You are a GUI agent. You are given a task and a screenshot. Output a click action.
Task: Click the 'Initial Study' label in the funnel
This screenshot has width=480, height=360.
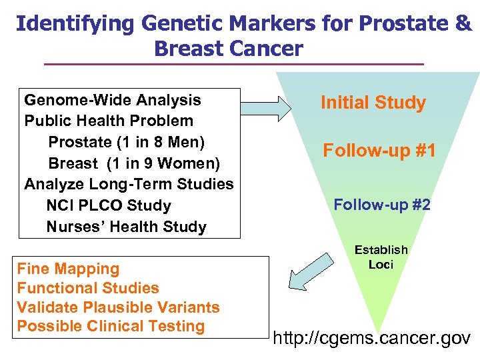click(373, 103)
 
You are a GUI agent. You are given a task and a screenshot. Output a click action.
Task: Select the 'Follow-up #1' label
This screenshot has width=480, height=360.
click(379, 151)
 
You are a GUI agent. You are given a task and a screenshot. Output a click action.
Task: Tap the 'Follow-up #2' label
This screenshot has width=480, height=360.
click(382, 204)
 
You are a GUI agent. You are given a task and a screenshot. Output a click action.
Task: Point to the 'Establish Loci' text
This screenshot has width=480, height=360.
click(381, 257)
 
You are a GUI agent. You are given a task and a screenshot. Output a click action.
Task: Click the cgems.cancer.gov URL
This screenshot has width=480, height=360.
click(372, 338)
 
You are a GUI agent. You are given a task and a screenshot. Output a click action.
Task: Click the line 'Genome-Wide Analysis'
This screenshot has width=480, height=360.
click(112, 100)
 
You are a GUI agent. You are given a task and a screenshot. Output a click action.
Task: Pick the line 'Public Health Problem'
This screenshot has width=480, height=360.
click(109, 121)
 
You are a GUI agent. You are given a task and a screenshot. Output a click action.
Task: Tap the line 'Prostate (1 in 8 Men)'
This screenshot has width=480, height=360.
click(127, 142)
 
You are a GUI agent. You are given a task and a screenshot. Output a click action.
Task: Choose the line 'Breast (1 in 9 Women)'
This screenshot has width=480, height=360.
click(134, 163)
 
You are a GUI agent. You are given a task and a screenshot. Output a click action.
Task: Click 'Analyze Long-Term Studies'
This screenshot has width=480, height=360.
click(129, 184)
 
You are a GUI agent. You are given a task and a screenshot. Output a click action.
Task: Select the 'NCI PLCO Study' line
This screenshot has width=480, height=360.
click(109, 205)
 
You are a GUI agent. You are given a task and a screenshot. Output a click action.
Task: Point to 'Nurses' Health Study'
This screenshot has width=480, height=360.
click(127, 227)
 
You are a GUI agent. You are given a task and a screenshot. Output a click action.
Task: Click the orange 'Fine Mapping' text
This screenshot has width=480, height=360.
click(68, 269)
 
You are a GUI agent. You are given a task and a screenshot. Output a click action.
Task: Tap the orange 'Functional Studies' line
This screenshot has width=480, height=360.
click(88, 288)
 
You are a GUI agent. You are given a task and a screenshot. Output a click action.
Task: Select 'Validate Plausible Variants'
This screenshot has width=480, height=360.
click(118, 307)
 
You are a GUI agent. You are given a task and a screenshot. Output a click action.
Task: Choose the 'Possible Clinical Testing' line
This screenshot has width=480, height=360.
click(111, 326)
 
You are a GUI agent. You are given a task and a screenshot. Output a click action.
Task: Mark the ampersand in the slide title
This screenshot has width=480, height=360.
click(463, 23)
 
